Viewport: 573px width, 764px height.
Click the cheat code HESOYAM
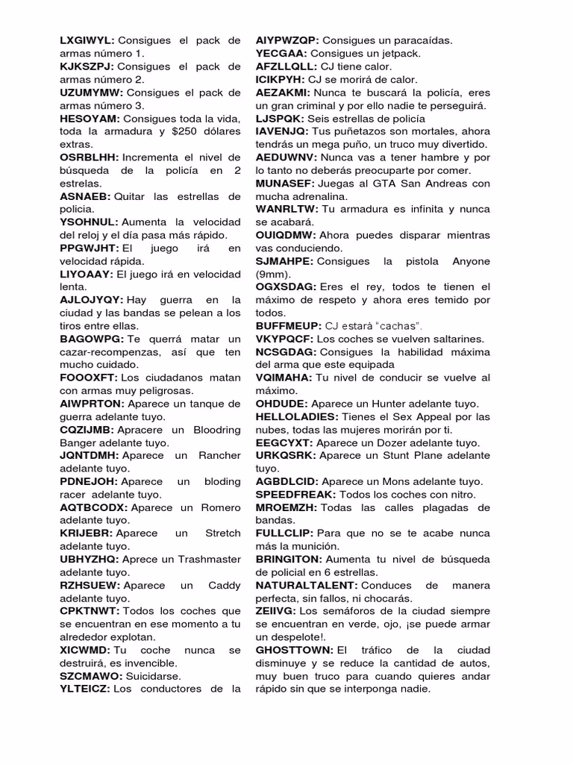coord(90,119)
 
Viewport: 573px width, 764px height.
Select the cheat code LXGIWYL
coord(87,41)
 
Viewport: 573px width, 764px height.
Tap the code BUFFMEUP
coord(288,326)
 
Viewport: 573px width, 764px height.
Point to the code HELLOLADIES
coord(297,416)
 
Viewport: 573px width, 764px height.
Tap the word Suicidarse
coord(153,676)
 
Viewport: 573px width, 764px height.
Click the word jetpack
coord(400,54)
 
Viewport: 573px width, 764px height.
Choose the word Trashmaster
coord(207,559)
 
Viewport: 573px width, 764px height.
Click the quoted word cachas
coord(393,326)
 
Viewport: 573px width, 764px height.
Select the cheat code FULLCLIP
coord(284,533)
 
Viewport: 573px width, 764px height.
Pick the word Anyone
coord(466,261)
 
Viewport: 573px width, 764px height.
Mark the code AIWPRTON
coord(90,404)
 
